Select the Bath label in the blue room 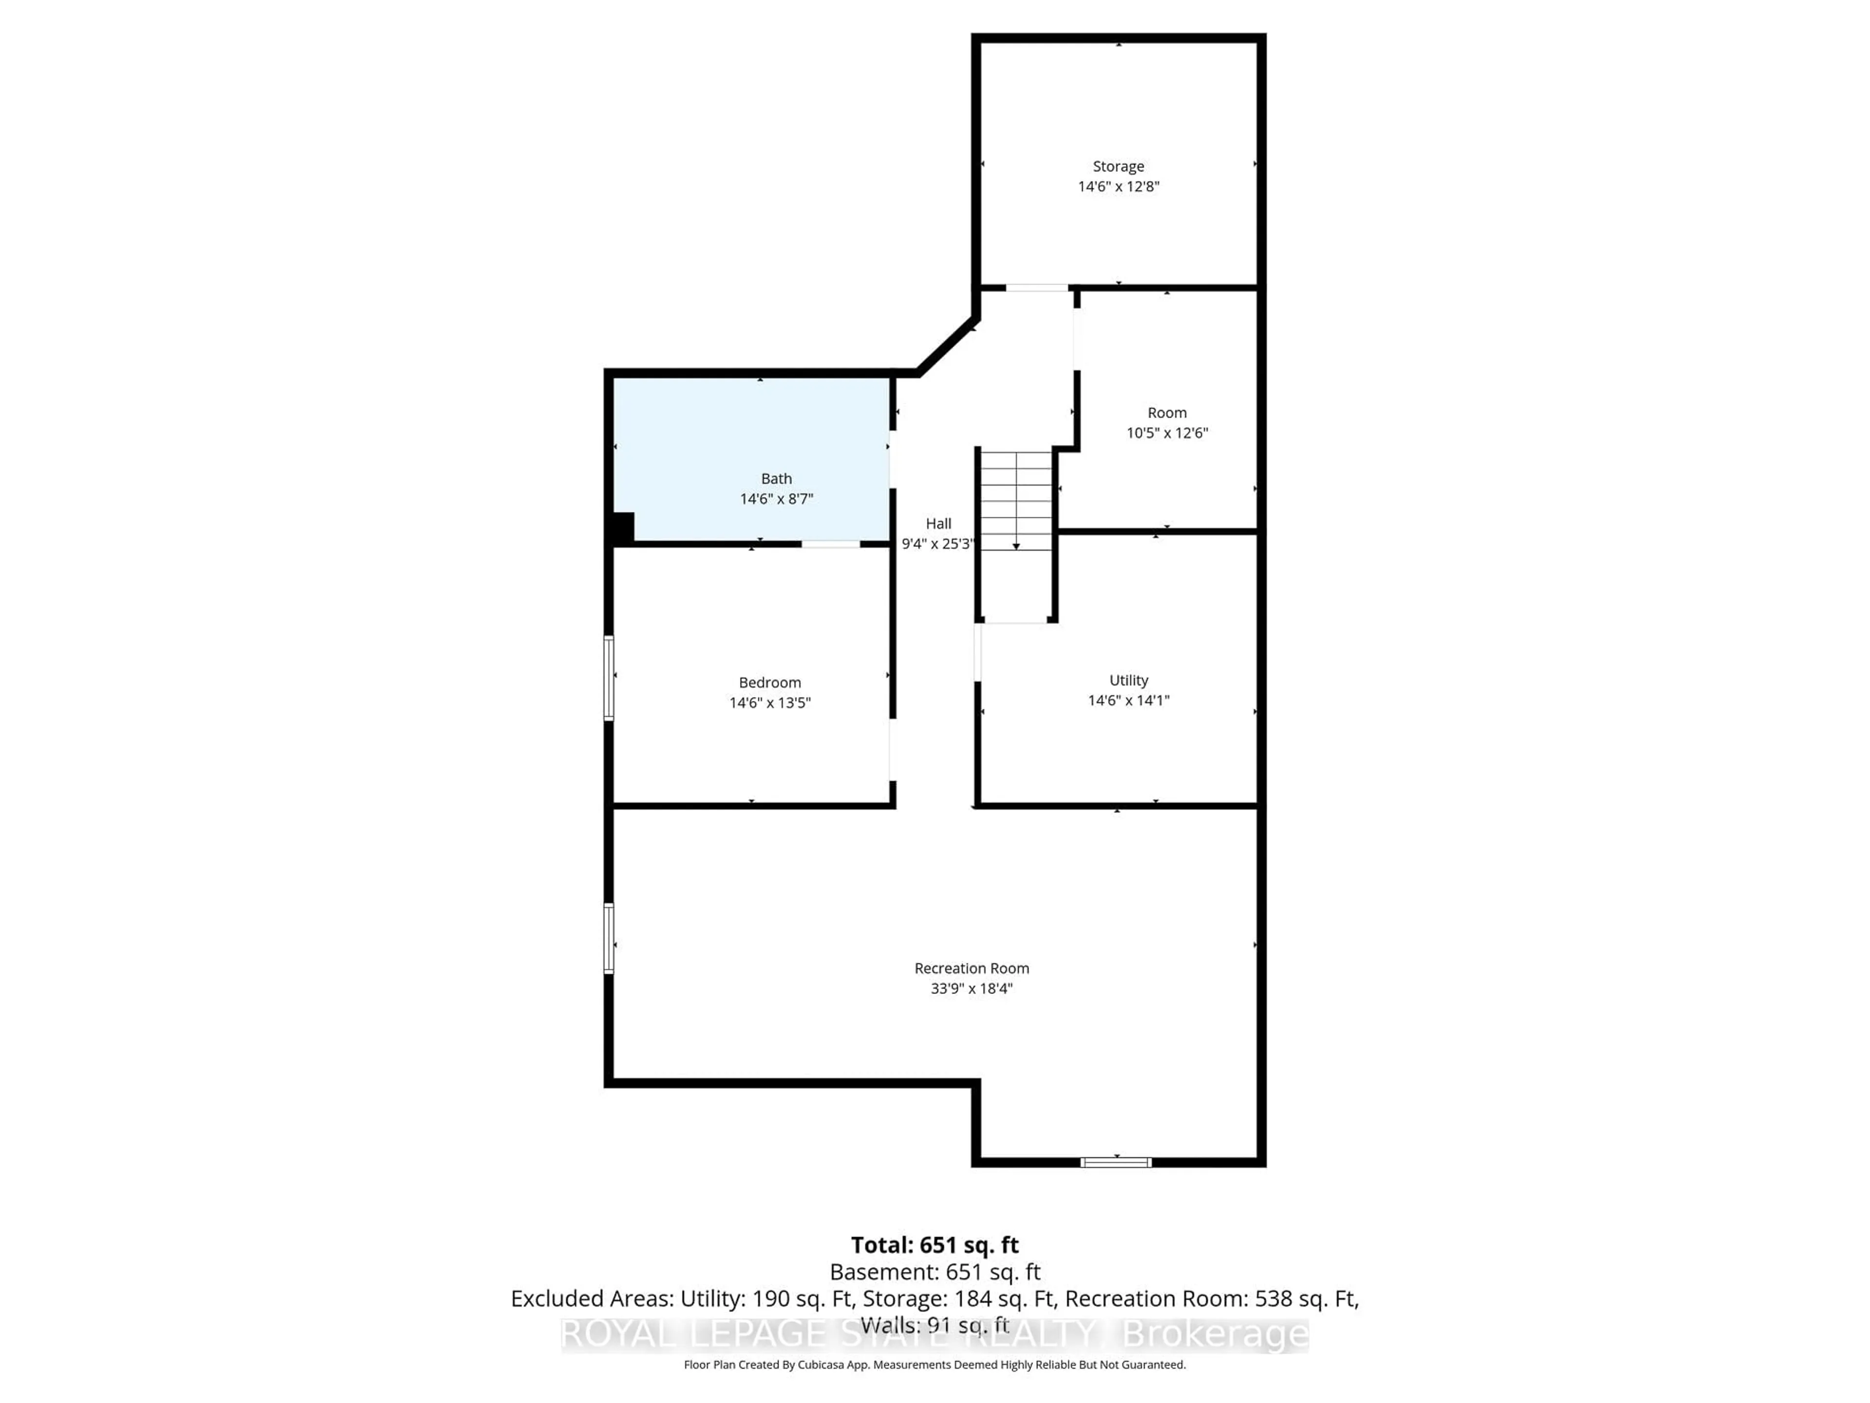click(x=776, y=479)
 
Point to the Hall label click(x=937, y=524)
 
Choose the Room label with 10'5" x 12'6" click(x=1167, y=413)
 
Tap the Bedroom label click(x=769, y=683)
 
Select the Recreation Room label click(x=972, y=968)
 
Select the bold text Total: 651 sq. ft click(x=934, y=1245)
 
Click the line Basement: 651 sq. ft click(x=934, y=1272)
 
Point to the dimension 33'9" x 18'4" click(x=972, y=988)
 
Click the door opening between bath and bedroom click(x=830, y=544)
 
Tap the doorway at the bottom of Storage click(x=1036, y=287)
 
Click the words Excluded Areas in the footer click(x=592, y=1299)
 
